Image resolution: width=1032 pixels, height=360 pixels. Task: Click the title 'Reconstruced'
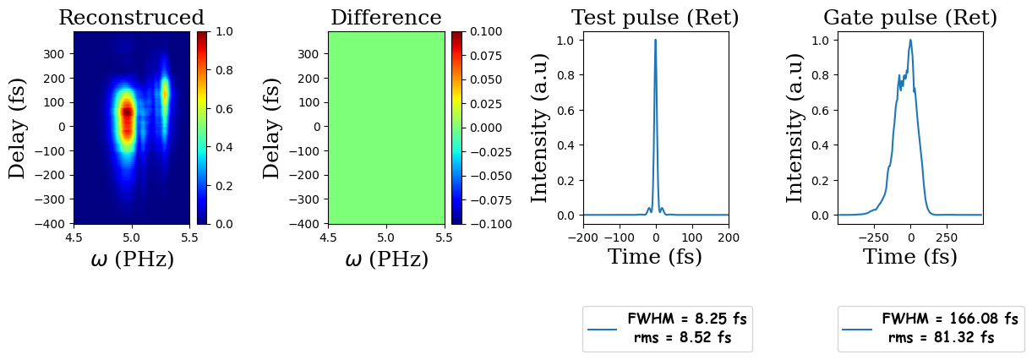[x=131, y=18]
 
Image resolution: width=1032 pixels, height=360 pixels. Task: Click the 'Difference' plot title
[x=385, y=18]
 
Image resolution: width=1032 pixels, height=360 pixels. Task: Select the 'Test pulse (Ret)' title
[x=655, y=18]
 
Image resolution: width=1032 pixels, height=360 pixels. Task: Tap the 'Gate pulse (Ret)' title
[x=909, y=18]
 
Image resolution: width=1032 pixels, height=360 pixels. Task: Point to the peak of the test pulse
[x=655, y=40]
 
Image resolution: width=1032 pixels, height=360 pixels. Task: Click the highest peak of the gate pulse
[x=910, y=40]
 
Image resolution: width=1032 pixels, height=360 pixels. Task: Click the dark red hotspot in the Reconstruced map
[x=127, y=110]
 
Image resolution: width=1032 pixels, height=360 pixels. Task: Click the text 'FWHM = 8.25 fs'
[x=687, y=319]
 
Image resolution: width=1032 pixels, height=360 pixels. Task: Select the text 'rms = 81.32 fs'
[x=941, y=338]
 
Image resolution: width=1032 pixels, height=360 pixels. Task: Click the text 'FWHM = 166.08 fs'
[x=950, y=319]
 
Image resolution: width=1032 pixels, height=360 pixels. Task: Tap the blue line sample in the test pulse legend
[x=602, y=329]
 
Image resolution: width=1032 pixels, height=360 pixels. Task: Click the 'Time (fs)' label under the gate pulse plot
[x=909, y=257]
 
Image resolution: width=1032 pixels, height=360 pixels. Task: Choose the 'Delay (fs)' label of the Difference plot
[x=271, y=128]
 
